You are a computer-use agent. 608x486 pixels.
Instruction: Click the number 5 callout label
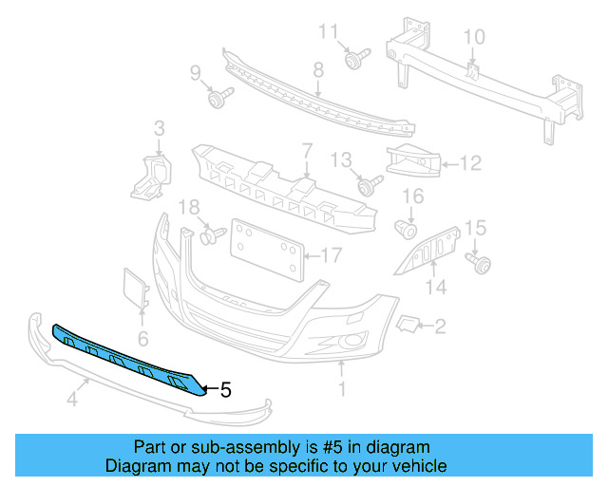[225, 388]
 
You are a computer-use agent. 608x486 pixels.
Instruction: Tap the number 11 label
[328, 32]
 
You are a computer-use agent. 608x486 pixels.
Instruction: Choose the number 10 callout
[473, 38]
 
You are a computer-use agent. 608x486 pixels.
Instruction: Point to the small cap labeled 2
[407, 326]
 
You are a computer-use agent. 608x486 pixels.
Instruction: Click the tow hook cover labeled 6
[135, 289]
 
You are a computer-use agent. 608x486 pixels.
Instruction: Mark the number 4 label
[71, 401]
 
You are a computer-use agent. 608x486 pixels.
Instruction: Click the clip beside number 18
[209, 233]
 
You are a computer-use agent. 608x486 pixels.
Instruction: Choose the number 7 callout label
[307, 151]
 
